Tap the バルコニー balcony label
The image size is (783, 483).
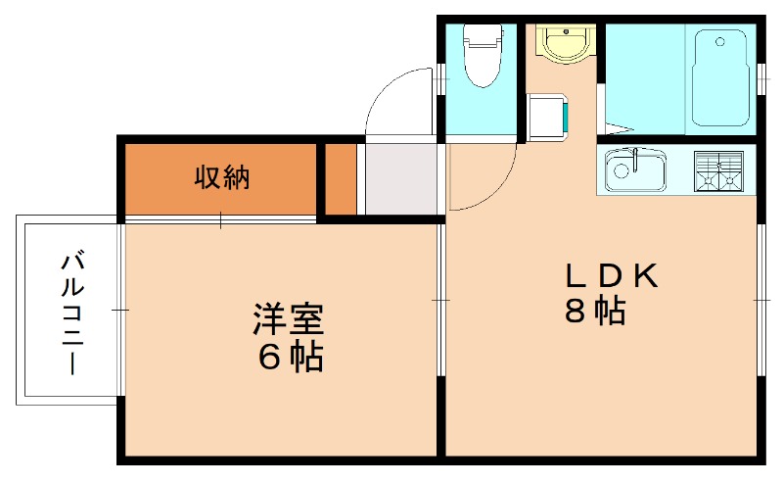click(71, 312)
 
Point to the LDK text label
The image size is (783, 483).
click(609, 275)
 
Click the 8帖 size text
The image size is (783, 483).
click(595, 311)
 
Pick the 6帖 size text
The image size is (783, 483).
click(290, 358)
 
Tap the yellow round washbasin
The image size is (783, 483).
click(562, 43)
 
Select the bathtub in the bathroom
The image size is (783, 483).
click(722, 78)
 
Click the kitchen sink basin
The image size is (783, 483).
click(633, 172)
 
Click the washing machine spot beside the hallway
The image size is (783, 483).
click(547, 117)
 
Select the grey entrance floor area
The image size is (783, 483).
click(401, 177)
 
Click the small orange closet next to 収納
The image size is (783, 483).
click(341, 178)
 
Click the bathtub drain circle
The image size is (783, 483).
click(721, 42)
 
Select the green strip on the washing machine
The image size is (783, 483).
click(566, 117)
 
